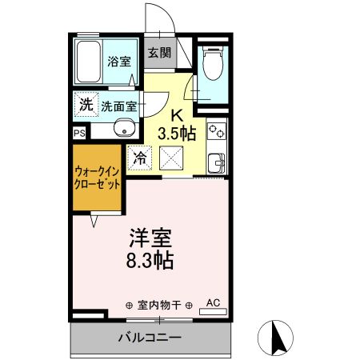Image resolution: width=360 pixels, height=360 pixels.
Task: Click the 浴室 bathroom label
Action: pyautogui.click(x=120, y=60)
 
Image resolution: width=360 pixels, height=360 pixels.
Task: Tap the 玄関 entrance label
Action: pyautogui.click(x=159, y=53)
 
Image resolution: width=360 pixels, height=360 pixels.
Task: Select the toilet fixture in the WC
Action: pyautogui.click(x=213, y=64)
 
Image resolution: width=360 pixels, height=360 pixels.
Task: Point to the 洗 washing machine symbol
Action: pyautogui.click(x=86, y=103)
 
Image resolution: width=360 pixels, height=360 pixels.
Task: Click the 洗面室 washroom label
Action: pyautogui.click(x=118, y=105)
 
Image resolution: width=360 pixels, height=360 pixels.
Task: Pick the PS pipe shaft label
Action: pyautogui.click(x=79, y=134)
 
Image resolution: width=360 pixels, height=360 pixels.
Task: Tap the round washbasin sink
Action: pyautogui.click(x=122, y=128)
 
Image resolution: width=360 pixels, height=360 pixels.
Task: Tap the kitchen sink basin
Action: pyautogui.click(x=217, y=164)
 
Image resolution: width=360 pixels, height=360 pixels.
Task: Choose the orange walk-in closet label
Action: pyautogui.click(x=98, y=177)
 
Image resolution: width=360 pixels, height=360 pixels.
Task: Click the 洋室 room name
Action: pyautogui.click(x=151, y=238)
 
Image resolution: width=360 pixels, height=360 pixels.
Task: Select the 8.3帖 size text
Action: pyautogui.click(x=151, y=260)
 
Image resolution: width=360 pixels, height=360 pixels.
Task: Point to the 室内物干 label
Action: pyautogui.click(x=160, y=305)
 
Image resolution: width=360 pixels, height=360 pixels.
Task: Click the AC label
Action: pyautogui.click(x=213, y=302)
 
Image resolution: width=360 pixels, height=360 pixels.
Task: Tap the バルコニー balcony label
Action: pyautogui.click(x=151, y=337)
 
